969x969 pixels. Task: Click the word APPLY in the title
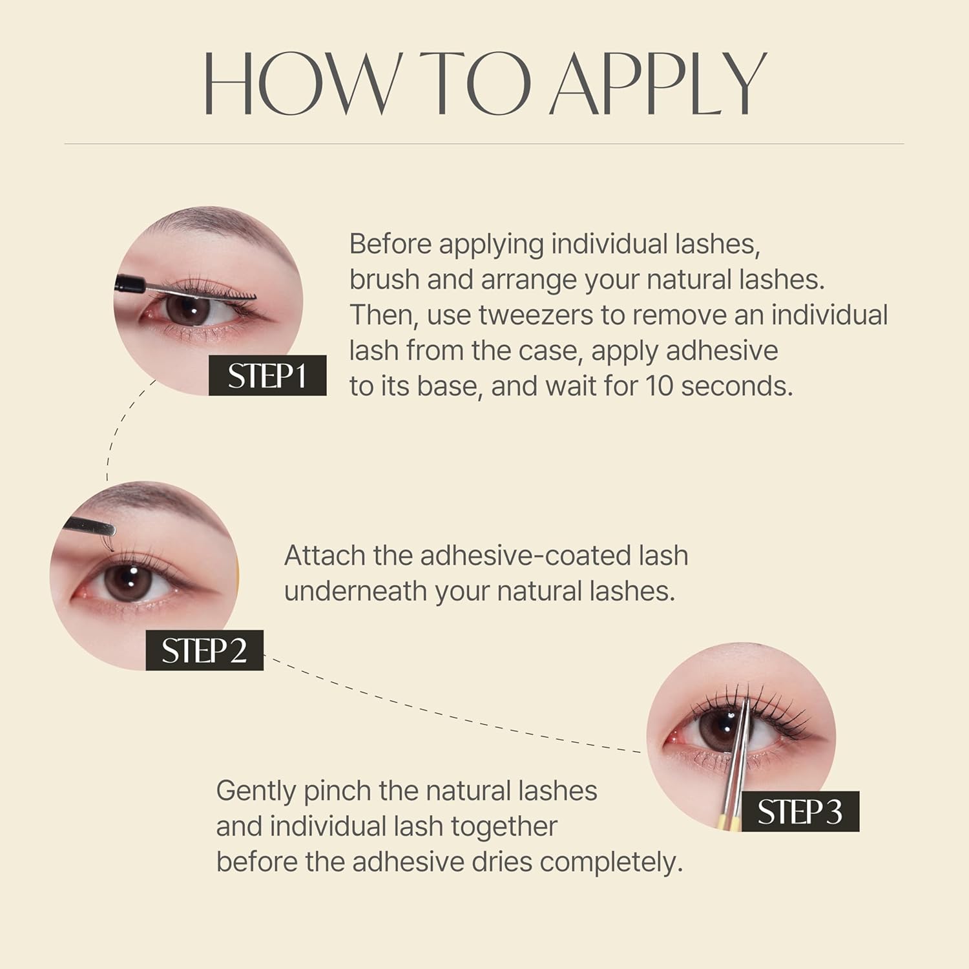(658, 84)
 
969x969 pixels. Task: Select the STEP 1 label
(267, 376)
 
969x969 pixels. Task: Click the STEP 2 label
(204, 651)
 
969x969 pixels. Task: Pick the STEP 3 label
(800, 811)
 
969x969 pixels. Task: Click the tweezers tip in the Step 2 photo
(110, 531)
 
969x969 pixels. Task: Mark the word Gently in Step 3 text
(256, 791)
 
